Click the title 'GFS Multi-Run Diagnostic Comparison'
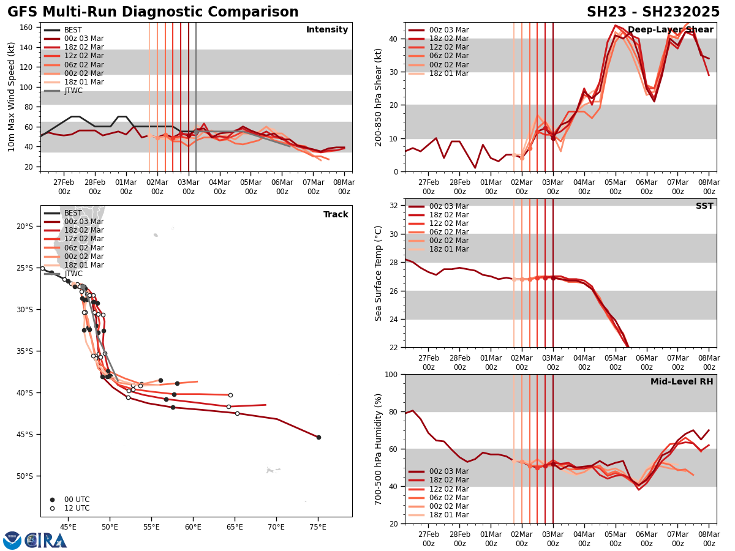(153, 12)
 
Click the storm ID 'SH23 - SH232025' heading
(653, 12)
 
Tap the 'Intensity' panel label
(327, 30)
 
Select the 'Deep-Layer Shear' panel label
(670, 30)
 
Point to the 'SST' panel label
(704, 206)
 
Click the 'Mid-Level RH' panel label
(682, 382)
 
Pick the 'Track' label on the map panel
(336, 215)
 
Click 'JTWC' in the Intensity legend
(73, 91)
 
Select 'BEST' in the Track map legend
(73, 213)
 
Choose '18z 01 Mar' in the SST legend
(448, 249)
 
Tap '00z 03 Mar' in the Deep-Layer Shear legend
(448, 30)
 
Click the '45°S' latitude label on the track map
(24, 435)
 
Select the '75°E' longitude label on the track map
(317, 526)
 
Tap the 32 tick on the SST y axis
(395, 206)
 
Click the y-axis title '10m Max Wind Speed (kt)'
(12, 97)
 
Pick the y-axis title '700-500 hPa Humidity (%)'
(379, 449)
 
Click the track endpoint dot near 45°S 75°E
(318, 437)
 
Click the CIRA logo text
(47, 540)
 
